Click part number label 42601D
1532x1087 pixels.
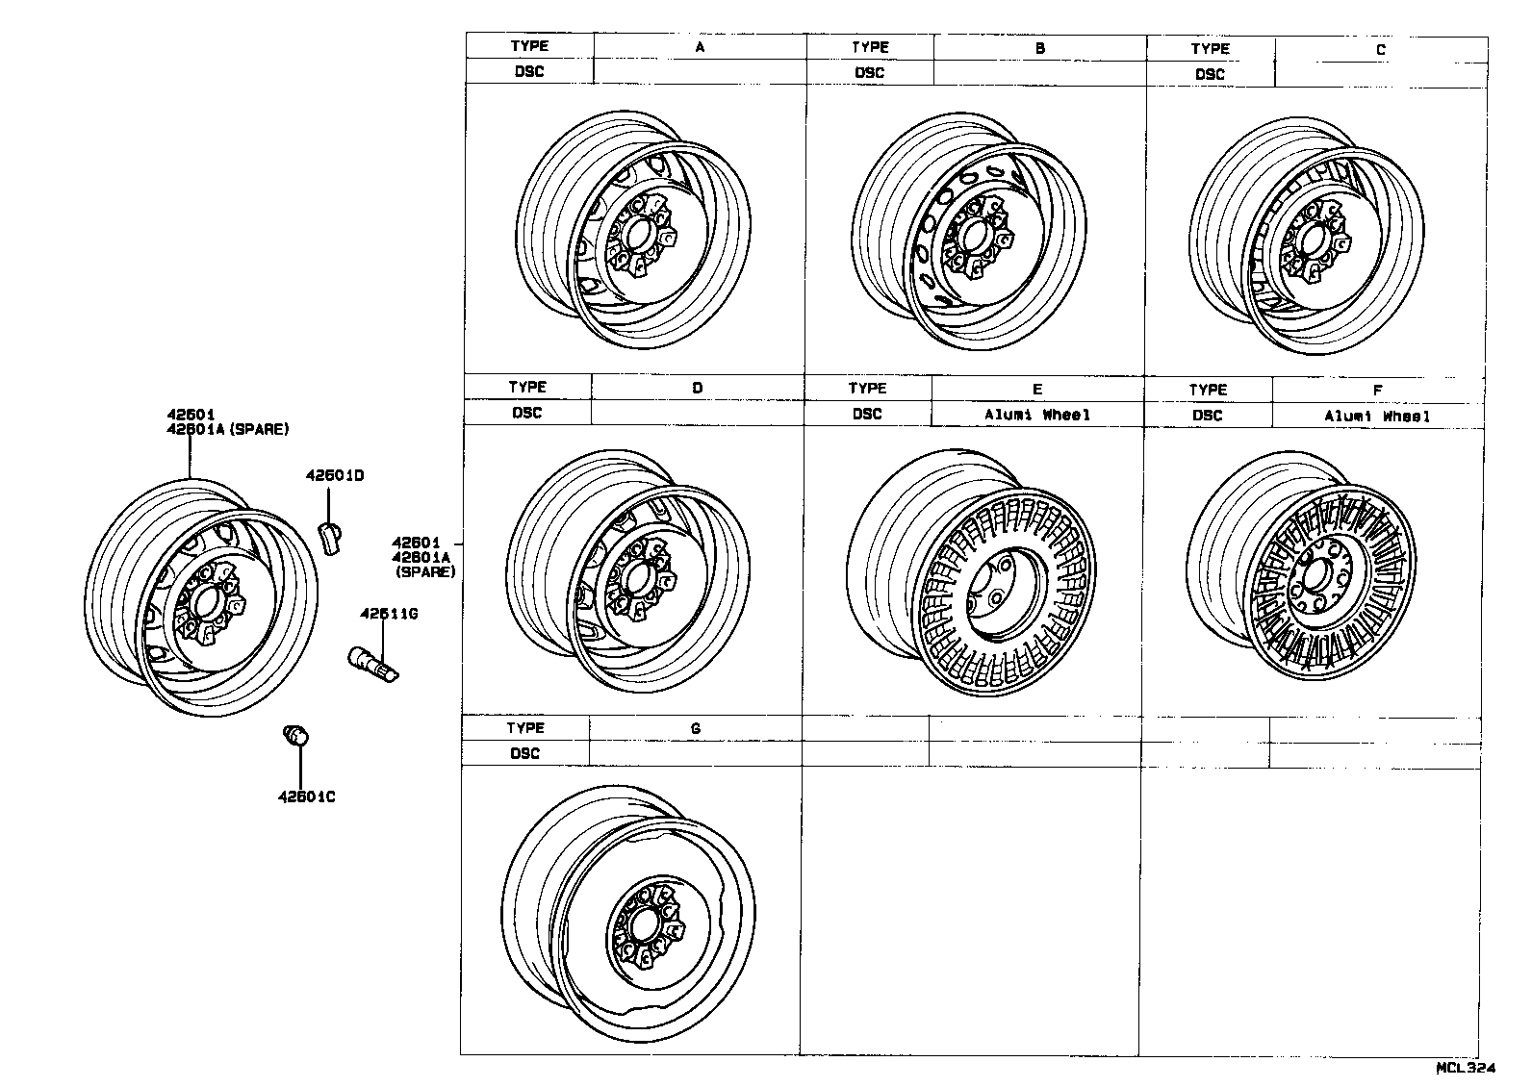click(335, 476)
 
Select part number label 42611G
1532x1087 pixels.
click(388, 614)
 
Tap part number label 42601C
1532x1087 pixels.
click(306, 796)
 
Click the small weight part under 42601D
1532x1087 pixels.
click(331, 539)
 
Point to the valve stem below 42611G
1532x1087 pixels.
click(371, 665)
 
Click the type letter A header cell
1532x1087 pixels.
click(700, 46)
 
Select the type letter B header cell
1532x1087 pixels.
click(1039, 47)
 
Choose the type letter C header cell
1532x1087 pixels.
click(1380, 49)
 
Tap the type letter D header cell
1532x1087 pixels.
click(697, 388)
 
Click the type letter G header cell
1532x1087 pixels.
click(695, 728)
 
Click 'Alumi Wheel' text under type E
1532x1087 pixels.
click(1037, 415)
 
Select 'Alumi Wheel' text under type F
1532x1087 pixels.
click(1377, 416)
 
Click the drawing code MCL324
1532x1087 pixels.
click(1466, 1068)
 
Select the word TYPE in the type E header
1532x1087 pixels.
click(867, 388)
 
